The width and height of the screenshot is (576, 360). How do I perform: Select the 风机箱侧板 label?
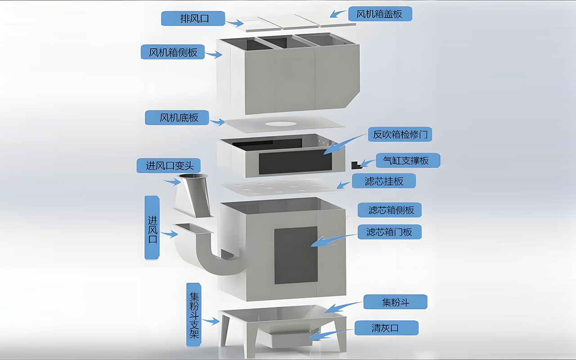tap(173, 52)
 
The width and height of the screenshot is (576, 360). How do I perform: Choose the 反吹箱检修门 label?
tap(400, 134)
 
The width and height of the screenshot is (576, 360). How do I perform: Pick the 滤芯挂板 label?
tap(384, 181)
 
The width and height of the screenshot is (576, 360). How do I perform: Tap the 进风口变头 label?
tap(169, 166)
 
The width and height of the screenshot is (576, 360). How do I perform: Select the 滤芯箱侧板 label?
tap(390, 210)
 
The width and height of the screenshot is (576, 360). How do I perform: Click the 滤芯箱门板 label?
tap(390, 232)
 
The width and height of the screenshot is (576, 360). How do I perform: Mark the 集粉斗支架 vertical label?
tap(194, 315)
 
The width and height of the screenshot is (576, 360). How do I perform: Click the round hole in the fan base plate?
tap(280, 124)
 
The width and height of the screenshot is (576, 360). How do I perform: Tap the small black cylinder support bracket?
tap(356, 165)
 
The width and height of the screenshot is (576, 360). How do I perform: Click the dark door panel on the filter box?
tap(296, 255)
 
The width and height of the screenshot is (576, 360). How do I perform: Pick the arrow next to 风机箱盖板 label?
tap(338, 13)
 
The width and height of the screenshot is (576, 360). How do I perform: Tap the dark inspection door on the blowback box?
tap(295, 162)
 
